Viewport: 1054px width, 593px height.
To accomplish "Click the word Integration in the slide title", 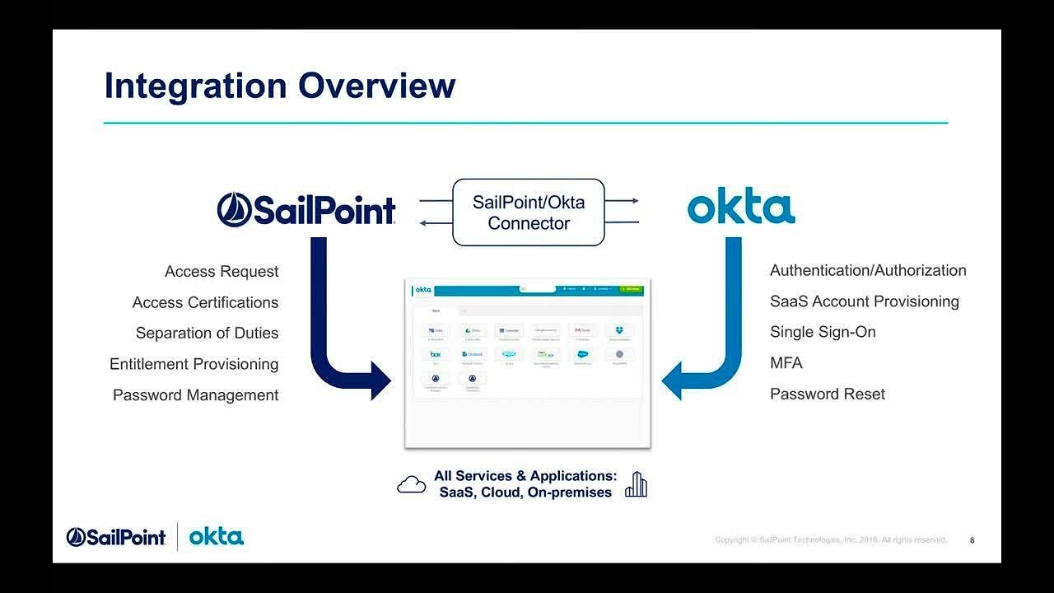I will (195, 86).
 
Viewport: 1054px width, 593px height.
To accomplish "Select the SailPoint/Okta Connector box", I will (529, 212).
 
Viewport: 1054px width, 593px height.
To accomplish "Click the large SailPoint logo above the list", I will (306, 210).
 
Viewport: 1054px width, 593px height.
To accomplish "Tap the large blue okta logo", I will (741, 208).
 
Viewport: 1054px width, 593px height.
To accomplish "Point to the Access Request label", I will (222, 271).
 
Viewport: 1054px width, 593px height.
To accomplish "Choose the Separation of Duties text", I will (207, 333).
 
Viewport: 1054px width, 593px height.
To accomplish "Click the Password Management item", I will (195, 395).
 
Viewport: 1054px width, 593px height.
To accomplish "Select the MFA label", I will (786, 362).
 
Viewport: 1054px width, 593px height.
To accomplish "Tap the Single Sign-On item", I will (823, 332).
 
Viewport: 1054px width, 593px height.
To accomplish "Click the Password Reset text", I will (828, 394).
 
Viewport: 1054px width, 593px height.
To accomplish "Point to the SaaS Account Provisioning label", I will (865, 301).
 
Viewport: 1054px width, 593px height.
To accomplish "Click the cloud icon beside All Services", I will (411, 484).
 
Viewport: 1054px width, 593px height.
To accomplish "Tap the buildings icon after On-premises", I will (636, 484).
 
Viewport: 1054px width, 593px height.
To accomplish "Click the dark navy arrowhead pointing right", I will (380, 380).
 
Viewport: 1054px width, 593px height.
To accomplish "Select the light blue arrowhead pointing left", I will (673, 380).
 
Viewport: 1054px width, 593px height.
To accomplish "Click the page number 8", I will (972, 540).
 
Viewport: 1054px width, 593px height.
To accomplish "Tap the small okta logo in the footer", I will (217, 537).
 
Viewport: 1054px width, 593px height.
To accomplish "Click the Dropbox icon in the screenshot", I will (619, 330).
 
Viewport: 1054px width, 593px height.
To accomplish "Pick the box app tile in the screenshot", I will (436, 354).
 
